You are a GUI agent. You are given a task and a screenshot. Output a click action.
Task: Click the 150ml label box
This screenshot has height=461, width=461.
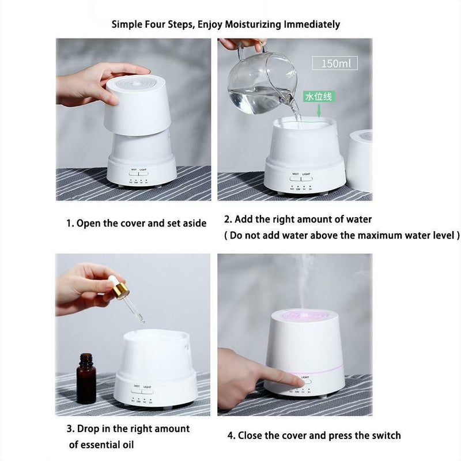tap(335, 63)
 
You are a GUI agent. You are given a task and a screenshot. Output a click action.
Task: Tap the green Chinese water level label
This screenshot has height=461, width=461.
tap(318, 97)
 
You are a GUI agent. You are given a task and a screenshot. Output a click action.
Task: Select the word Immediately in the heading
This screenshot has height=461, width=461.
tap(312, 24)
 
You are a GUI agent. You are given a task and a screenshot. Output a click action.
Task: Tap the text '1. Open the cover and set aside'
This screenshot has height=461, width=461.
tap(135, 223)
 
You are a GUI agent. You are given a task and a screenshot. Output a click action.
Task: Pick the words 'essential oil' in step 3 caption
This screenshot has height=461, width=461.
tap(101, 444)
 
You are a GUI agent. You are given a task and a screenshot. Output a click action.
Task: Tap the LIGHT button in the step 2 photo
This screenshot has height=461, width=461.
tap(306, 179)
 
